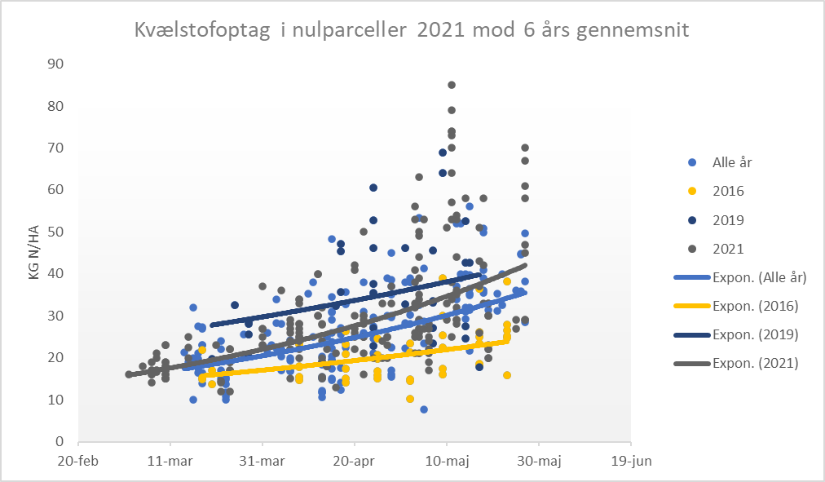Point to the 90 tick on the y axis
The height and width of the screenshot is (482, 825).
pos(56,64)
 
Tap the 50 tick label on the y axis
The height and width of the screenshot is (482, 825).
pos(56,232)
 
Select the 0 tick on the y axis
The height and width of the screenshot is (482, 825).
pos(60,441)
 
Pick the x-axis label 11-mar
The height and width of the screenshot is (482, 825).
pos(170,461)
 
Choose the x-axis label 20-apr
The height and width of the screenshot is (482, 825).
pos(355,461)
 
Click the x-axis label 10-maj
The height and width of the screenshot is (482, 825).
pos(447,461)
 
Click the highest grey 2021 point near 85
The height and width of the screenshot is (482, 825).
pos(452,85)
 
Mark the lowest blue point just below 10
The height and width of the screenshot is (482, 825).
pos(424,409)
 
